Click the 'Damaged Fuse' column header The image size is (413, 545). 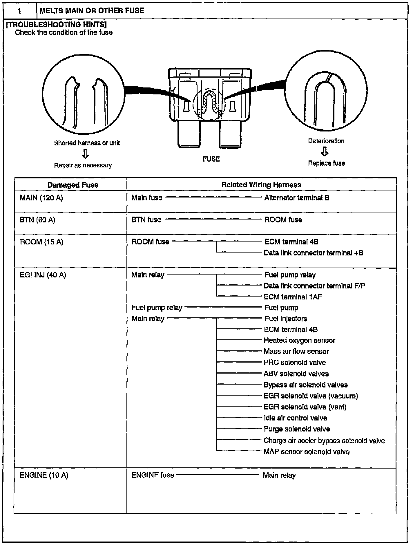pyautogui.click(x=73, y=185)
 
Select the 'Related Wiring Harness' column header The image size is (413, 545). pyautogui.click(x=261, y=185)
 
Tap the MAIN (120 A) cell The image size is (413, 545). pyautogui.click(x=41, y=198)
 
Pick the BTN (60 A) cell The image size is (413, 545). pyautogui.click(x=37, y=220)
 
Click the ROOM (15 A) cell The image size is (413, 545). pyautogui.click(x=41, y=242)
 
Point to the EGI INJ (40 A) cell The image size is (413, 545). pyautogui.click(x=43, y=275)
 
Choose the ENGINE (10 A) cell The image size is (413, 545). pyautogui.click(x=44, y=475)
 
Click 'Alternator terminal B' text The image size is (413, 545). pyautogui.click(x=297, y=198)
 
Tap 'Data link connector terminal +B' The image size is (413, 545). pyautogui.click(x=313, y=253)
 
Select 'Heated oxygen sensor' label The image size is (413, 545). pyautogui.click(x=299, y=340)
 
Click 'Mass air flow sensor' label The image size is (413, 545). pyautogui.click(x=296, y=351)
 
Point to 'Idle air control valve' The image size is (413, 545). pyautogui.click(x=295, y=418)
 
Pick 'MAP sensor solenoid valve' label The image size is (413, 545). pyautogui.click(x=307, y=451)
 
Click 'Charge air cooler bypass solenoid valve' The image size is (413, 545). pyautogui.click(x=324, y=440)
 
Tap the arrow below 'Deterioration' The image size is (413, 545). pyautogui.click(x=325, y=151)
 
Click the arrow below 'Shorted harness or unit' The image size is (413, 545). pyautogui.click(x=85, y=154)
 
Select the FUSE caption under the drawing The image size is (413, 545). pyautogui.click(x=211, y=159)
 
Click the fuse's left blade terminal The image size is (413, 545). pyautogui.click(x=189, y=134)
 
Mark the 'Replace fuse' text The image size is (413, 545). pyautogui.click(x=326, y=163)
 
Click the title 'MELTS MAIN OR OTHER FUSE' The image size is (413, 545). pyautogui.click(x=92, y=11)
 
